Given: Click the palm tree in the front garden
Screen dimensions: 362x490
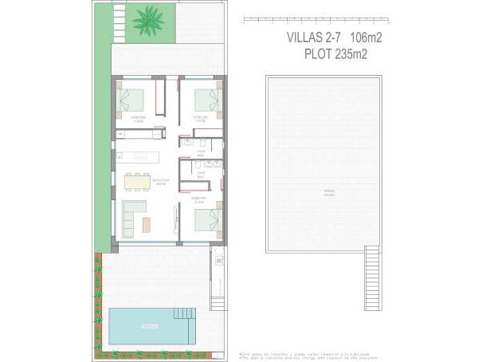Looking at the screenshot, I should pyautogui.click(x=147, y=22).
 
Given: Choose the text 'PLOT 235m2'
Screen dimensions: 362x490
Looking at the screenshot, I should pyautogui.click(x=335, y=54).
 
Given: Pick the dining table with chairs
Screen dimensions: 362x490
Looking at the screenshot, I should pyautogui.click(x=136, y=182).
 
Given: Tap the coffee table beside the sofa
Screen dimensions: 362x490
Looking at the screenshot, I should pyautogui.click(x=147, y=225).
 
